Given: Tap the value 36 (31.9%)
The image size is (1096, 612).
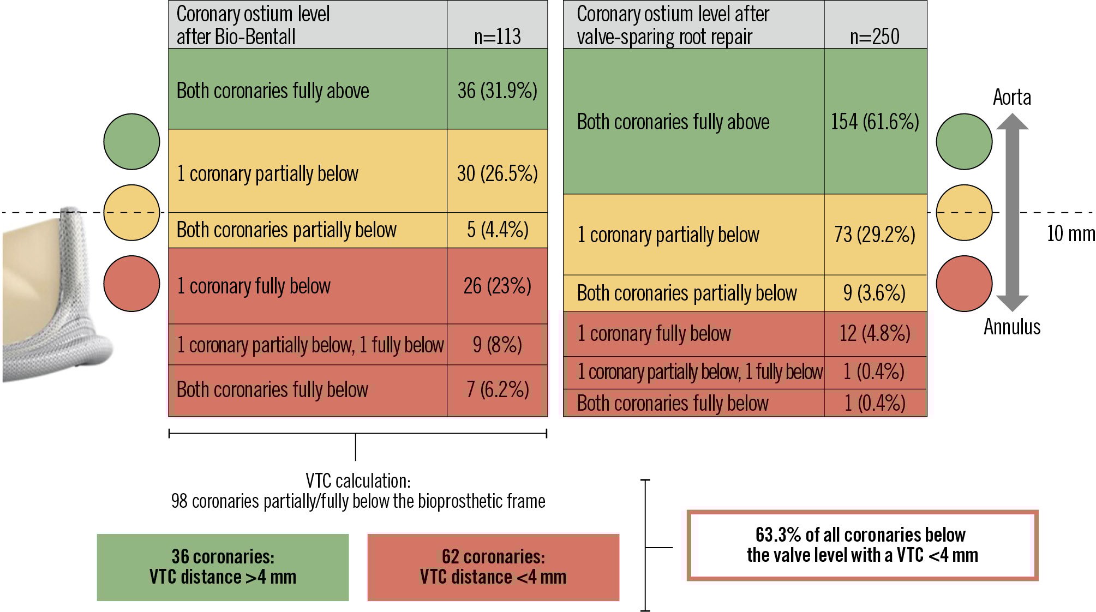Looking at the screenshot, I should coord(497,91).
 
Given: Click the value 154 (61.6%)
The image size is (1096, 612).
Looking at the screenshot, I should coord(875,122).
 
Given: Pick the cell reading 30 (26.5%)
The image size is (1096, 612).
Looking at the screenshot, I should coord(497,173).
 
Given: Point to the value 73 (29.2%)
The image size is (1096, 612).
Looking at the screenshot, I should coord(875,235).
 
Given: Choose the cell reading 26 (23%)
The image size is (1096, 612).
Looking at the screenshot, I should coord(497,286).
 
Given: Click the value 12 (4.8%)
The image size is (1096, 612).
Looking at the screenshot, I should coord(875,333).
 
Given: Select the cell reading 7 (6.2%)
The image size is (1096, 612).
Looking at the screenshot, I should coord(497,389).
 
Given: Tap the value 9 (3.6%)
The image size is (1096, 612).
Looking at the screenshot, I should coord(875,293).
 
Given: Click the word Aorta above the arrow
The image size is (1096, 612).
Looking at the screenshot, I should coord(1012,98).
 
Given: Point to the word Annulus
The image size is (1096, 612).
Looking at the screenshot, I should coord(1012,327).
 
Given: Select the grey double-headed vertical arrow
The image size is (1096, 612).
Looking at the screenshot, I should coord(1013,213).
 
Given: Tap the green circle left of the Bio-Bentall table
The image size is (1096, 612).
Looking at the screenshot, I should coord(131,141).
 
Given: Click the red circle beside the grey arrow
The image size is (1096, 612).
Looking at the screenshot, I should coord(964,284).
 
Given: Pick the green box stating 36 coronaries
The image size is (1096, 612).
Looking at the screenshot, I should coord(223,567).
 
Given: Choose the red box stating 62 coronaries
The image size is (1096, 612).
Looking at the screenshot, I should coord(493,567).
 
